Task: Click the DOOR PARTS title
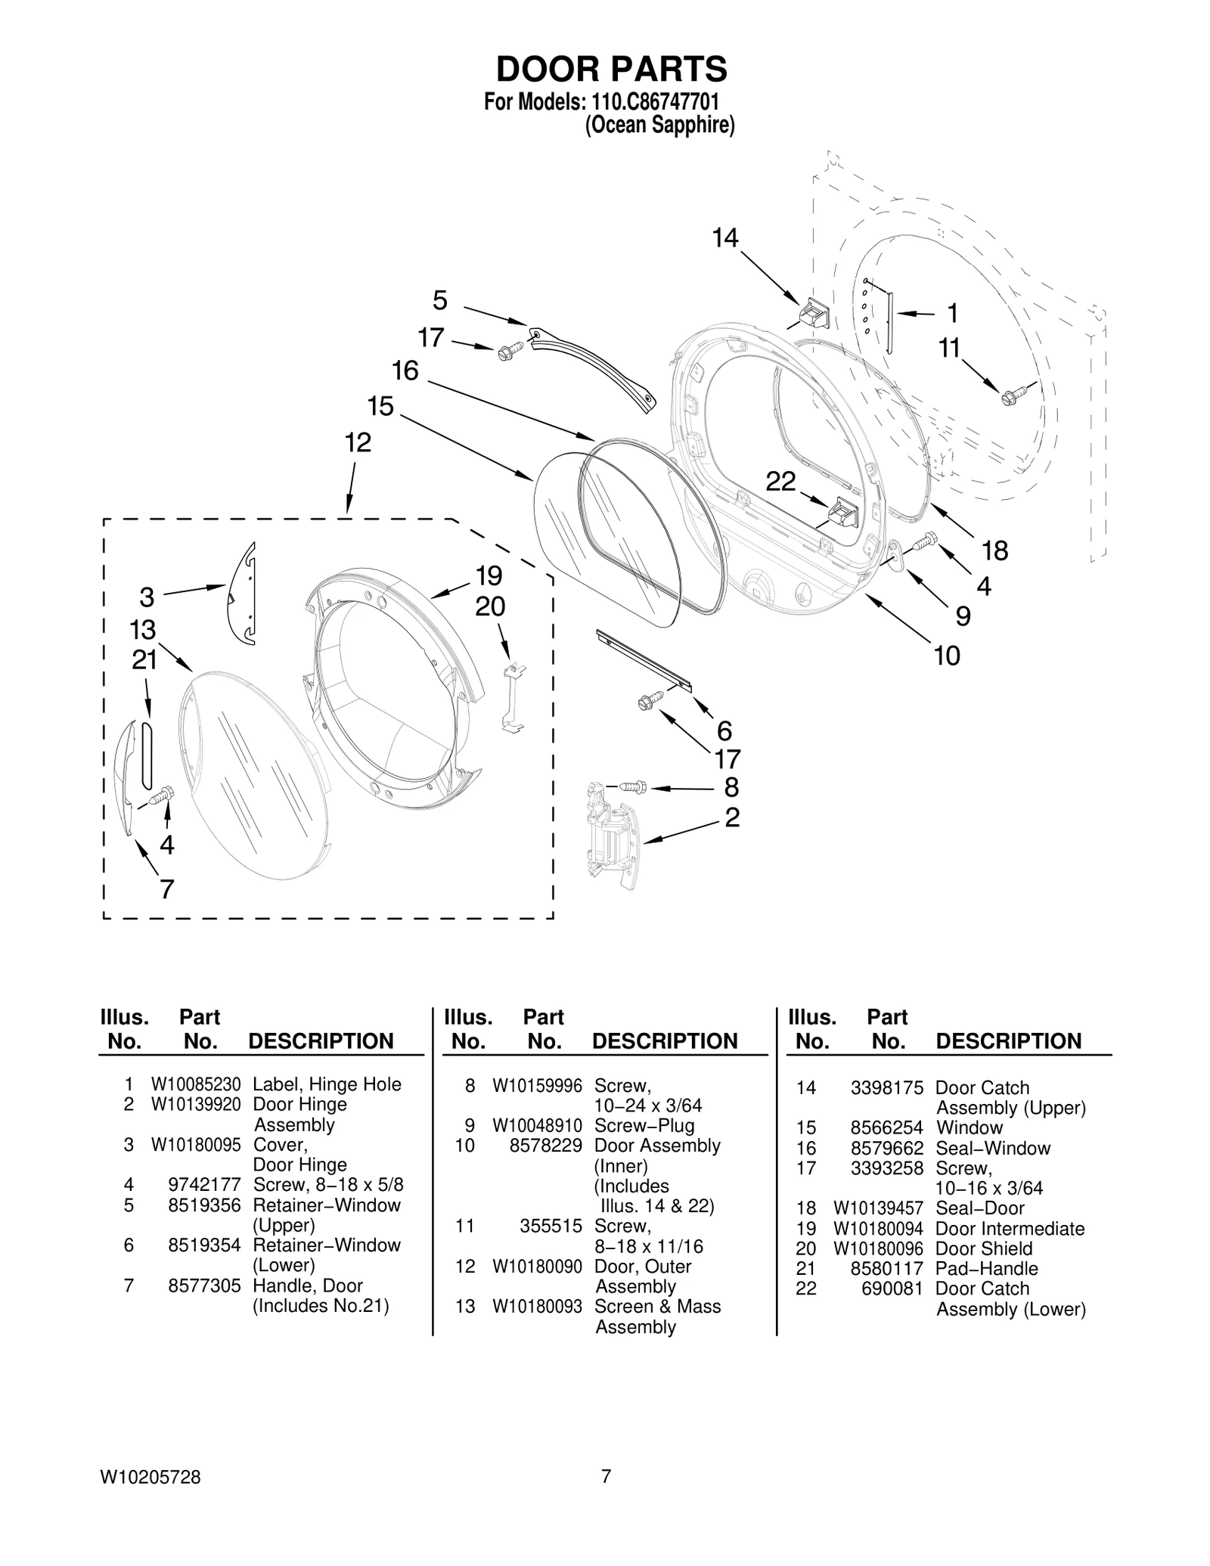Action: (611, 69)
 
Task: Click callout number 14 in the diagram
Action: (724, 238)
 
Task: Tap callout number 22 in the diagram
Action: (780, 481)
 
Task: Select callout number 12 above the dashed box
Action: (358, 442)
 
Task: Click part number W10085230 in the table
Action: (196, 1084)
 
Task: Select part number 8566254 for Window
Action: (886, 1127)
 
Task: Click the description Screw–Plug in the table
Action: (644, 1125)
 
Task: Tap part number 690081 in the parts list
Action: (892, 1288)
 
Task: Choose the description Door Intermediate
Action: (1010, 1229)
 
